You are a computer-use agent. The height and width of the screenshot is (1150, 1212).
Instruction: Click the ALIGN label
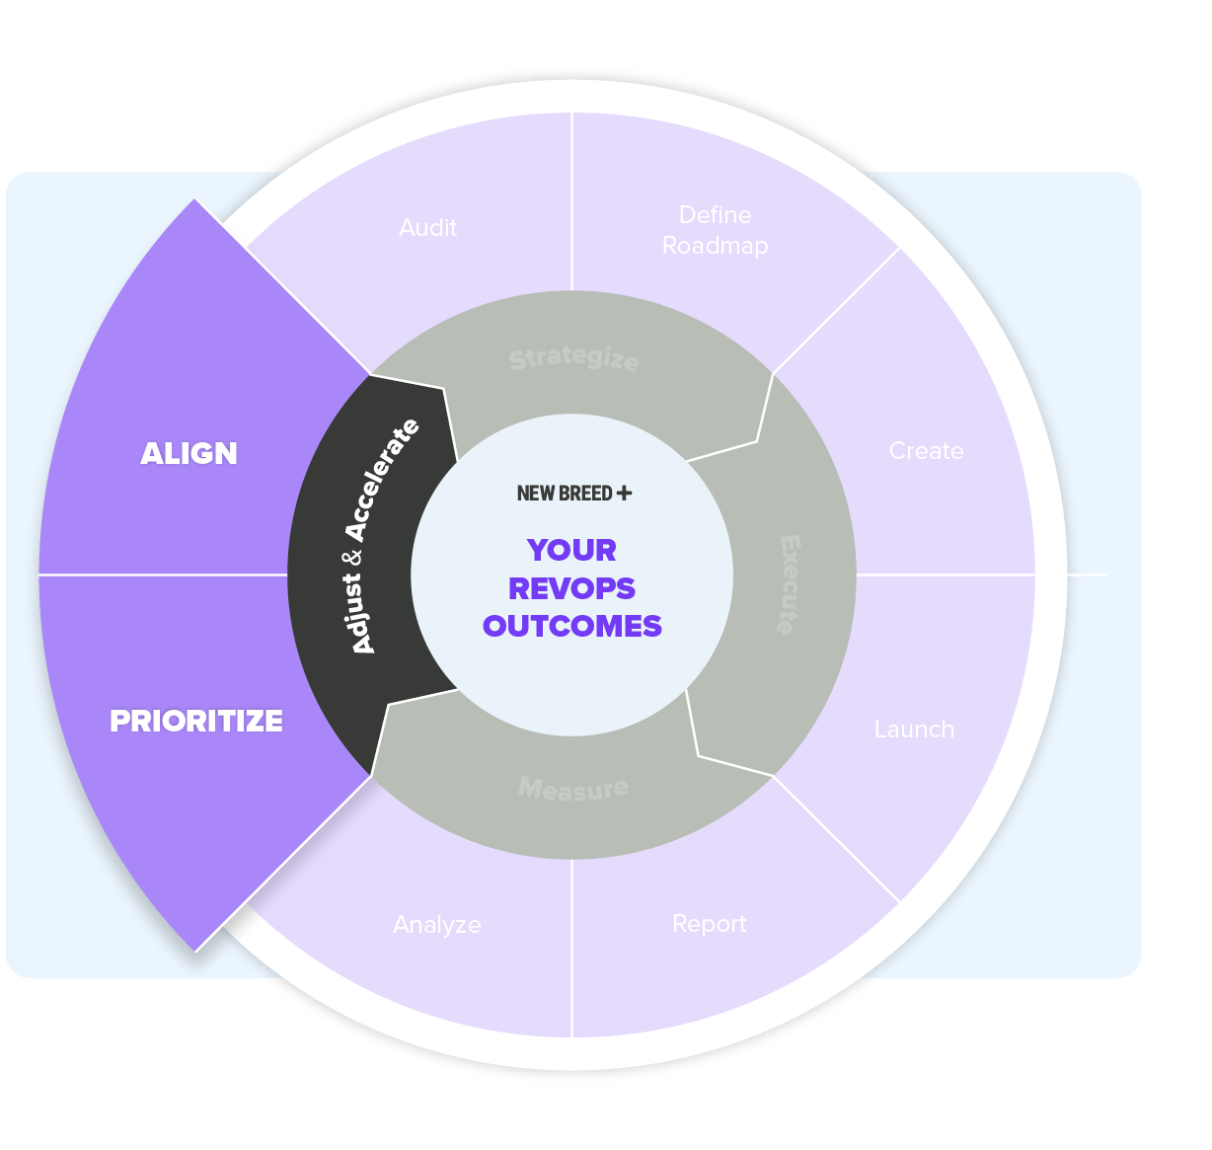(x=189, y=453)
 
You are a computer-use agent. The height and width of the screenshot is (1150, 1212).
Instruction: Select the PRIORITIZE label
(x=196, y=722)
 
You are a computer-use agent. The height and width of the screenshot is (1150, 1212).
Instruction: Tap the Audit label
(x=427, y=228)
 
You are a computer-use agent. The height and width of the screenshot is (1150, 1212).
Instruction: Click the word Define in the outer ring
(x=716, y=215)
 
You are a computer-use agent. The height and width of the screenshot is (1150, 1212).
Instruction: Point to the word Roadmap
(x=716, y=246)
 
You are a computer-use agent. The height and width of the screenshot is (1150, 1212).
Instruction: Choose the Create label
(x=926, y=451)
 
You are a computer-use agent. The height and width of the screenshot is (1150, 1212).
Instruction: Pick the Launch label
(x=914, y=729)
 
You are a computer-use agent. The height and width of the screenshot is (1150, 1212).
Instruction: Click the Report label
(x=709, y=924)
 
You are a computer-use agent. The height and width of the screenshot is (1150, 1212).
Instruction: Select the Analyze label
(x=437, y=925)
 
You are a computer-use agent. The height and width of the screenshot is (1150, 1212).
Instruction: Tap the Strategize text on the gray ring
(x=573, y=358)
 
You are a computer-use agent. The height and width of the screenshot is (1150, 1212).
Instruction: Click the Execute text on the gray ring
(x=790, y=584)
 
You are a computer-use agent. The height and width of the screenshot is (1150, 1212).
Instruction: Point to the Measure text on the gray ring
(x=573, y=789)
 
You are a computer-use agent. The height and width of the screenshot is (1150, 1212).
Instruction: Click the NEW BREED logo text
(x=565, y=494)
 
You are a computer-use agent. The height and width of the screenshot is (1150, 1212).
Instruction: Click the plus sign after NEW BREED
(x=624, y=493)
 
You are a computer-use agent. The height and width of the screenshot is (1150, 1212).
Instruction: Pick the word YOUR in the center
(x=571, y=550)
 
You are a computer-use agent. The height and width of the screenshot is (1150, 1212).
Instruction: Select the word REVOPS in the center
(x=571, y=588)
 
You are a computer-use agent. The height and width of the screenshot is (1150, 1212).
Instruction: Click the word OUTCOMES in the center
(x=572, y=627)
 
